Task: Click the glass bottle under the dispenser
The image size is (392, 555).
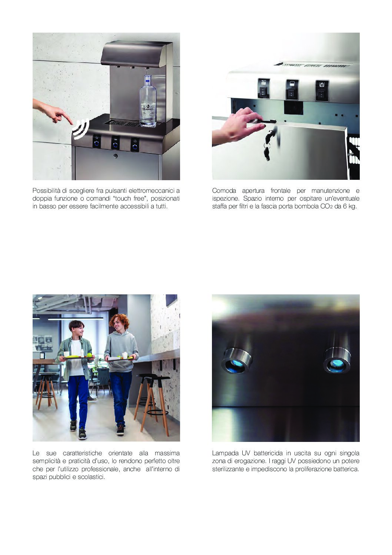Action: click(148, 102)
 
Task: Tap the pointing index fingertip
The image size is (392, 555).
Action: click(71, 123)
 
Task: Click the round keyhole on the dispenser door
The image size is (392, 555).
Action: click(115, 156)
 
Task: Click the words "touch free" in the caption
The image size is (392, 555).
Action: click(130, 198)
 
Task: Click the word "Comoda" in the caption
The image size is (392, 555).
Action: click(224, 191)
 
